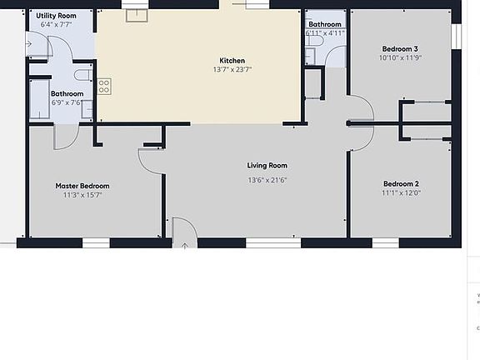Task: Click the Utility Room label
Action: coord(57,16)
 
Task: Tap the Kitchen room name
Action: coord(232,61)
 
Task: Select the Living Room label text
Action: coord(267,166)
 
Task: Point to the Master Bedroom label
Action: coord(82,186)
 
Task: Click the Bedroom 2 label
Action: coord(401,183)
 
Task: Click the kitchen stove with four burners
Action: coord(104,86)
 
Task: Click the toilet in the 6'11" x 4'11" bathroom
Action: coord(308,55)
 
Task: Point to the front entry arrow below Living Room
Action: coord(184,245)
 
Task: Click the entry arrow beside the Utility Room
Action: coord(28,44)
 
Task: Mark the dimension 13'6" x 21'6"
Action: coord(267,180)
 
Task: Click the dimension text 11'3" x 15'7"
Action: coord(82,195)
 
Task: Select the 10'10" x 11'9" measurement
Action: coord(401,58)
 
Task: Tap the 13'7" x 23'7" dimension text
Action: coord(232,70)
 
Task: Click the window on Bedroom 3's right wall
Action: coord(456,35)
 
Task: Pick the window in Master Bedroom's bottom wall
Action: coord(96,242)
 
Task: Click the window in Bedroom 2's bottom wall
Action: coord(385,242)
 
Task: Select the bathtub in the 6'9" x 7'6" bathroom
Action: coord(39,99)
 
